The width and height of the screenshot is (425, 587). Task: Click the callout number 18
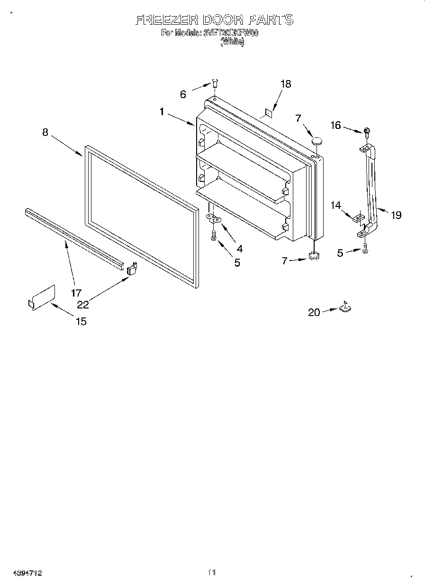coord(285,84)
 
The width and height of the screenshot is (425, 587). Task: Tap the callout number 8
coord(45,132)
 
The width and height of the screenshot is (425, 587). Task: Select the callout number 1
coord(162,112)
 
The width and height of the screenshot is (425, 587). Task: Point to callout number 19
coord(396,215)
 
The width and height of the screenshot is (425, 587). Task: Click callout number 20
coord(314,312)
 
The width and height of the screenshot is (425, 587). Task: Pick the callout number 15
coord(81,321)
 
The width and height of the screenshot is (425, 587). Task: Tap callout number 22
coord(83,305)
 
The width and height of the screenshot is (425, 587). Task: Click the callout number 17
coord(76,292)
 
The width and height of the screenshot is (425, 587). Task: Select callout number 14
coord(335,205)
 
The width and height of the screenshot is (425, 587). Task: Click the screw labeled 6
coord(214,84)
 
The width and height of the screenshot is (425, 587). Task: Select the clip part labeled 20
coord(345,308)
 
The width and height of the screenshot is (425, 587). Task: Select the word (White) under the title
coord(232,42)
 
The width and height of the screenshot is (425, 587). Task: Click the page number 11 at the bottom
coord(212,573)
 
